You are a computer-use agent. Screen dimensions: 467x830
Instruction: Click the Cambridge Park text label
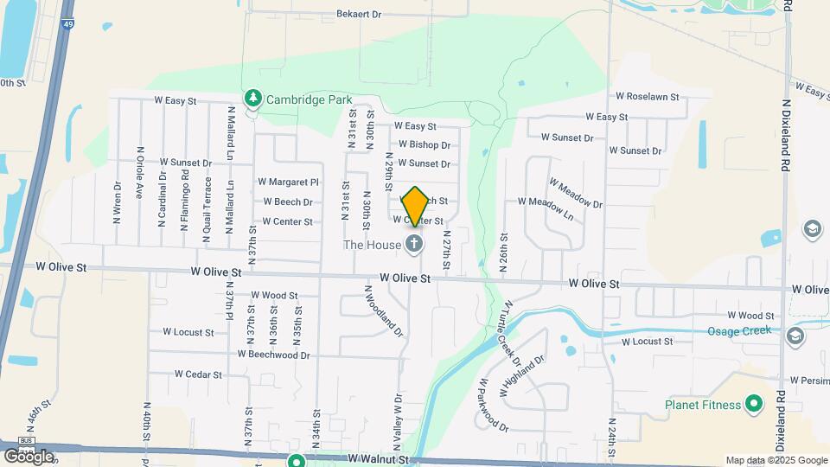pyautogui.click(x=309, y=99)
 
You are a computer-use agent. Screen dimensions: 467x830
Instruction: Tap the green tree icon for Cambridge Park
pyautogui.click(x=252, y=99)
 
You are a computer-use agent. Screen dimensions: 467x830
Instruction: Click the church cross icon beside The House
pyautogui.click(x=415, y=244)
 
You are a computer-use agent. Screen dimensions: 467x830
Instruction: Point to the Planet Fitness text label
pyautogui.click(x=703, y=405)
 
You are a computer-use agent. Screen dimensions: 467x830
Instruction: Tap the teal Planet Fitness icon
pyautogui.click(x=753, y=404)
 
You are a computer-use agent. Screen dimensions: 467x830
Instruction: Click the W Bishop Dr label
pyautogui.click(x=424, y=144)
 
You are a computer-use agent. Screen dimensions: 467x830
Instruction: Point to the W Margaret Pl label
pyautogui.click(x=288, y=182)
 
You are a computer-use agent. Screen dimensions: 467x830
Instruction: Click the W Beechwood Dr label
pyautogui.click(x=273, y=355)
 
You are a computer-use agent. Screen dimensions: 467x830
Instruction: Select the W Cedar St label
pyautogui.click(x=198, y=374)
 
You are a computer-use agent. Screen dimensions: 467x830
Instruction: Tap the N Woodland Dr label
pyautogui.click(x=383, y=312)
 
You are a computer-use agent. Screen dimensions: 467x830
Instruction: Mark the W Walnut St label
pyautogui.click(x=377, y=459)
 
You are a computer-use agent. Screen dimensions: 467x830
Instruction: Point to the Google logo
pyautogui.click(x=29, y=455)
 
